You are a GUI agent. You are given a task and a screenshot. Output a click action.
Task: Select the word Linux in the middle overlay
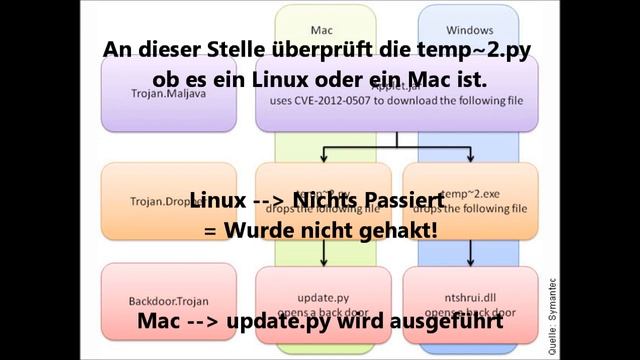[218, 201]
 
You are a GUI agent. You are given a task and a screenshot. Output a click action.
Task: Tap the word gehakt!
[401, 229]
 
